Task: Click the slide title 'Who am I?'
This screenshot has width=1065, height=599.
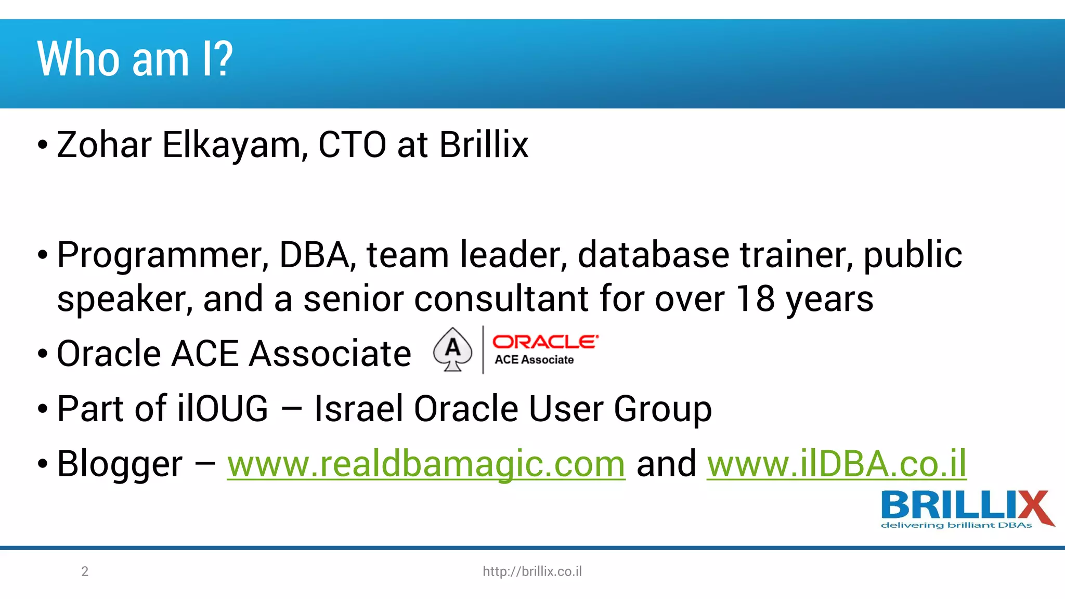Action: (135, 59)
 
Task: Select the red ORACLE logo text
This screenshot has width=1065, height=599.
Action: (545, 342)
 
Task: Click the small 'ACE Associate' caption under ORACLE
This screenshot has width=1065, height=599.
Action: (534, 360)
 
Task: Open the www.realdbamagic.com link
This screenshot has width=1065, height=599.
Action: (426, 464)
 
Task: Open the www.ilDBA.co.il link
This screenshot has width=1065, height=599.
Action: (836, 464)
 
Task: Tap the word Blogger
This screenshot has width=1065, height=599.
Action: (120, 464)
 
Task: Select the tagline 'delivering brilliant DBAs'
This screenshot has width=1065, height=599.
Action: (956, 526)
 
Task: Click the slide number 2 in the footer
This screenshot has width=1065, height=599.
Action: (85, 571)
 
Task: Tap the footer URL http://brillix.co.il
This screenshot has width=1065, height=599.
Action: (532, 571)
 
